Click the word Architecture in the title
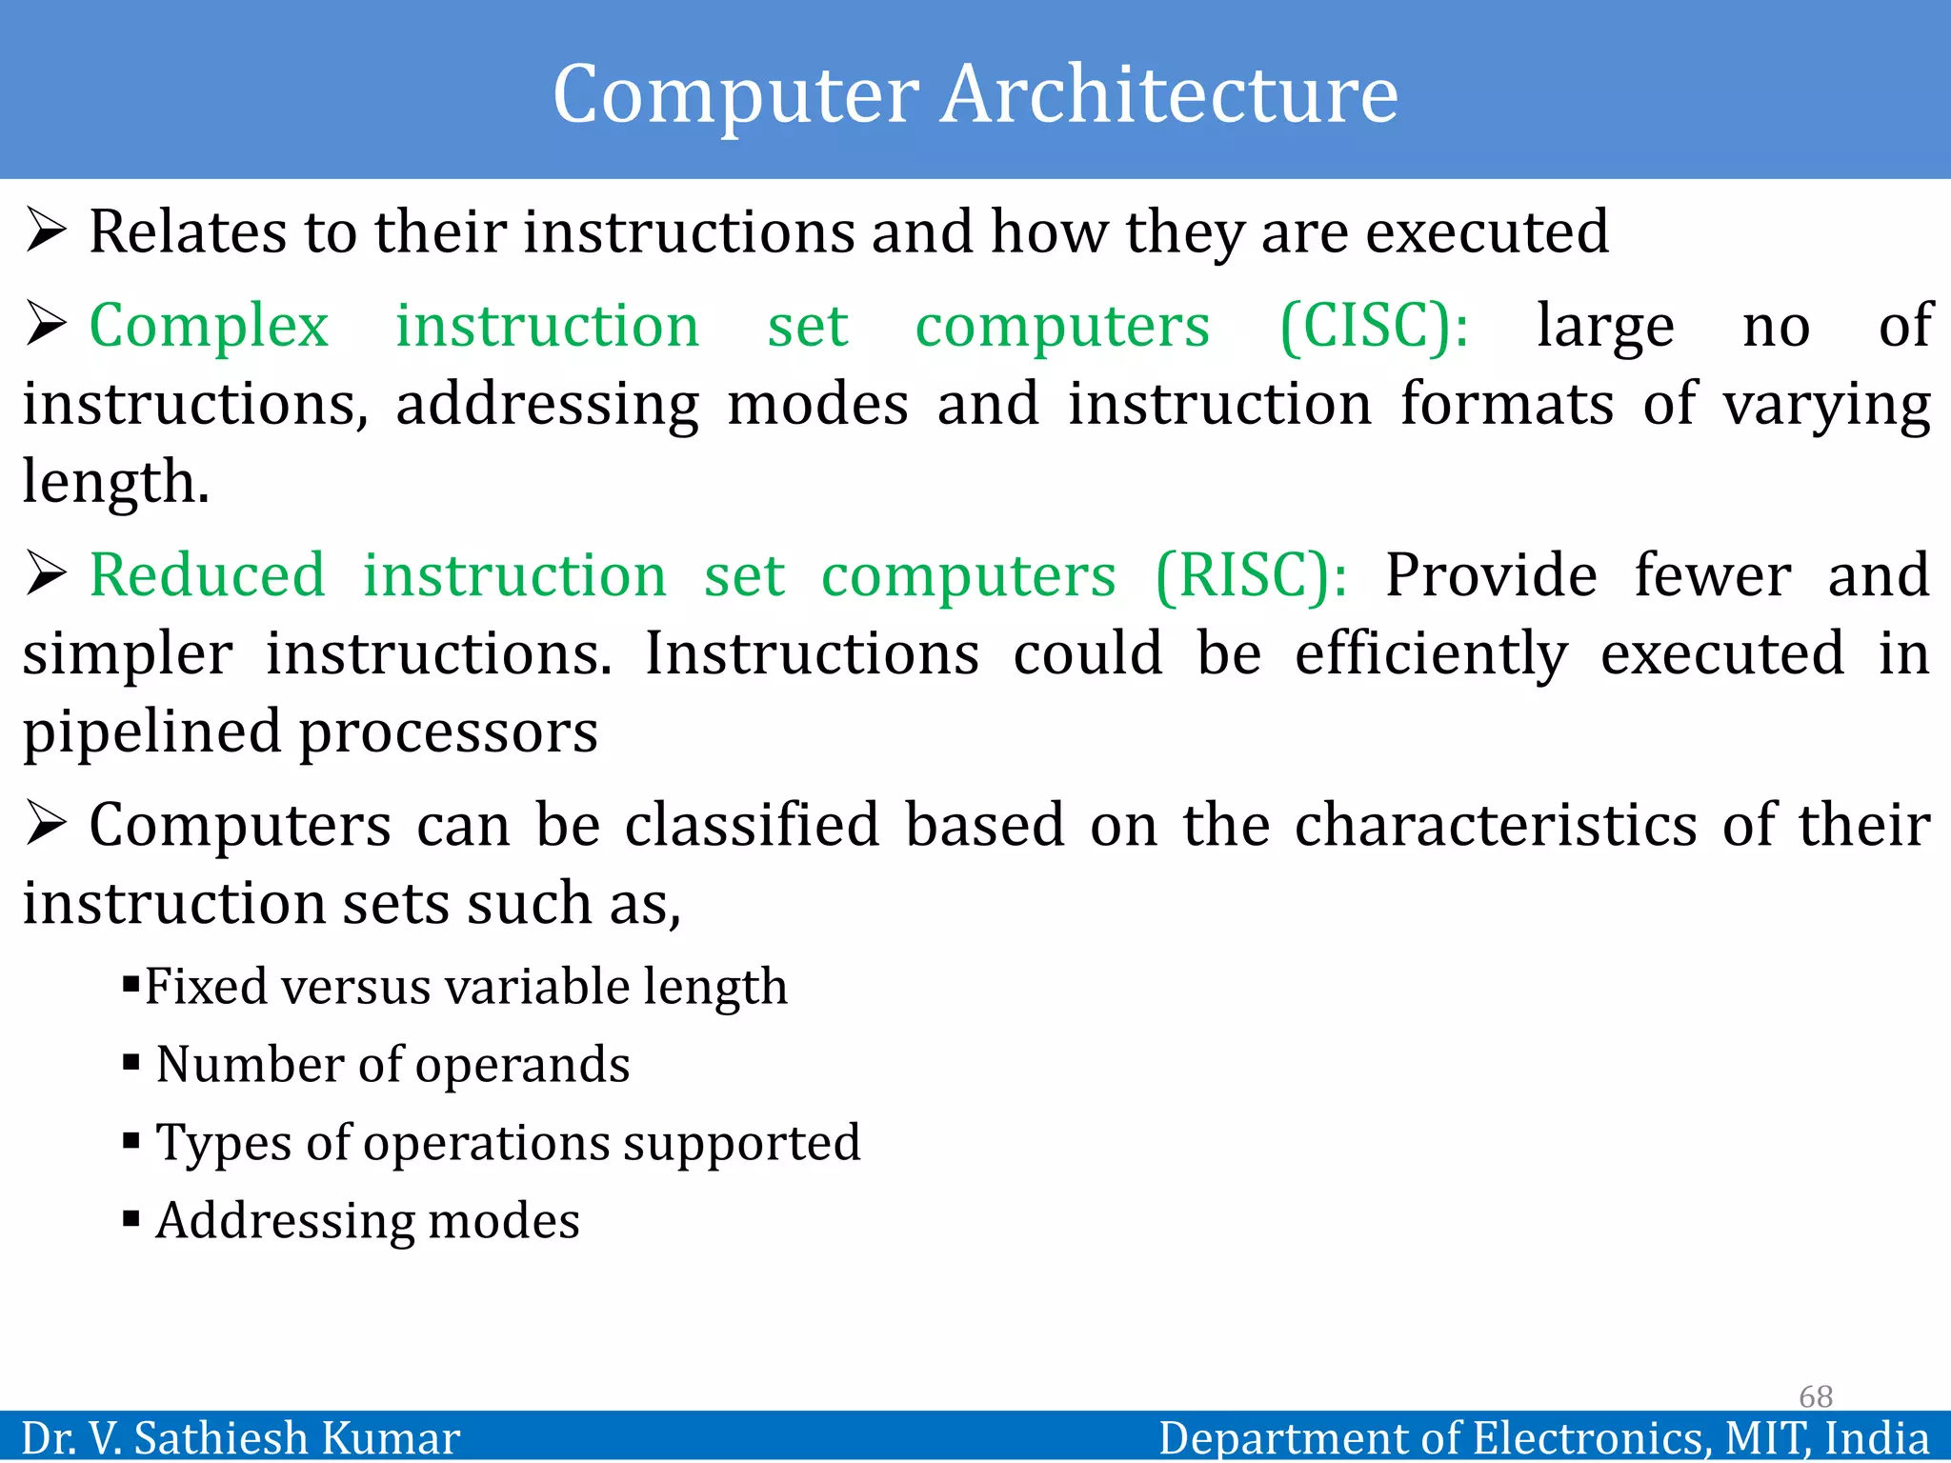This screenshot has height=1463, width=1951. pyautogui.click(x=1169, y=94)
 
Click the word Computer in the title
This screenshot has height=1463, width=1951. pyautogui.click(x=735, y=94)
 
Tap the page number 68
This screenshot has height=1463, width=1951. pyautogui.click(x=1815, y=1396)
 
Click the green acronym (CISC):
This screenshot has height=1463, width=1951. pyautogui.click(x=1374, y=327)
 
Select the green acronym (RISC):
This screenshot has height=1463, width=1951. pyautogui.click(x=1251, y=576)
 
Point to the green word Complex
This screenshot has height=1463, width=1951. pyautogui.click(x=209, y=327)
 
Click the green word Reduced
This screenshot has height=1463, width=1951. pyautogui.click(x=208, y=576)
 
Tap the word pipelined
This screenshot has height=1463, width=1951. pyautogui.click(x=151, y=732)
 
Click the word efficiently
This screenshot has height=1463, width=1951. pyautogui.click(x=1430, y=654)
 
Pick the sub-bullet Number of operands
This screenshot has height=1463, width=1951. pyautogui.click(x=392, y=1064)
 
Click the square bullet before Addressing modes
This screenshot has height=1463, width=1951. pyautogui.click(x=131, y=1218)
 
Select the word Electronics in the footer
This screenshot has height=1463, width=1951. pyautogui.click(x=1590, y=1437)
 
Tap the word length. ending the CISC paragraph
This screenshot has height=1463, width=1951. pyautogui.click(x=115, y=483)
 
